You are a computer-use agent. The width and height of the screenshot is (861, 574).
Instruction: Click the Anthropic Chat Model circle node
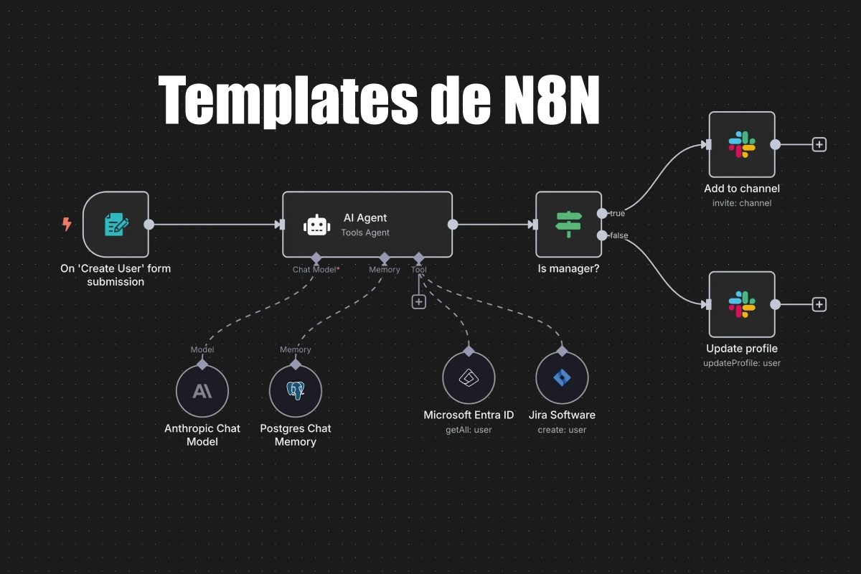pyautogui.click(x=202, y=391)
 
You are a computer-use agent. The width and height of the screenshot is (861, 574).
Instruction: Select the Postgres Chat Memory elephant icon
pyautogui.click(x=295, y=391)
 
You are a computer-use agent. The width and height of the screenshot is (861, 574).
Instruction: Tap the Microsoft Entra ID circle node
pyautogui.click(x=469, y=377)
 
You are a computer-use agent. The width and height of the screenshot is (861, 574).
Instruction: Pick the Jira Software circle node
pyautogui.click(x=562, y=377)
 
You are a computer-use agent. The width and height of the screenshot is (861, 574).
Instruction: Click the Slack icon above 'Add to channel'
pyautogui.click(x=742, y=144)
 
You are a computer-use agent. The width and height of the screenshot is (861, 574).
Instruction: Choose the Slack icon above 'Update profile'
pyautogui.click(x=742, y=304)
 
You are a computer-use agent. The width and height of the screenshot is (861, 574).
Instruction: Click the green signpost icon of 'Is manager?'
pyautogui.click(x=569, y=225)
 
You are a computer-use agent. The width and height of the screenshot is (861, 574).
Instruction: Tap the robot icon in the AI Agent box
pyautogui.click(x=316, y=225)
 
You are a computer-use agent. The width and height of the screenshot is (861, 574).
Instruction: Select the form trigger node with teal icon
pyautogui.click(x=116, y=225)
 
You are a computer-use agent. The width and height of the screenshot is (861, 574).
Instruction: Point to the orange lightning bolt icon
pyautogui.click(x=67, y=225)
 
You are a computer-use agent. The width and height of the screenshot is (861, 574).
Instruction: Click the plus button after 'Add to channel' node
pyautogui.click(x=819, y=144)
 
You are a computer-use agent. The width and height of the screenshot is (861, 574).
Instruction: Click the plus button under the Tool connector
pyautogui.click(x=419, y=302)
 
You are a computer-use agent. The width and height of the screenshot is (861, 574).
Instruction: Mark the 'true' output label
pyautogui.click(x=617, y=213)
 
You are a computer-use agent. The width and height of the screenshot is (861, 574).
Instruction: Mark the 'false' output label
pyautogui.click(x=618, y=235)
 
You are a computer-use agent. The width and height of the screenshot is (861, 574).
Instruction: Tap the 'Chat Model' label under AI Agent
pyautogui.click(x=315, y=270)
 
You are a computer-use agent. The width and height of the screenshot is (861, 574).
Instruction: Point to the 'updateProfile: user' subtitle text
pyautogui.click(x=742, y=363)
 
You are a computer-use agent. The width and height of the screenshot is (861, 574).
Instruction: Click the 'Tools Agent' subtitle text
pyautogui.click(x=365, y=232)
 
